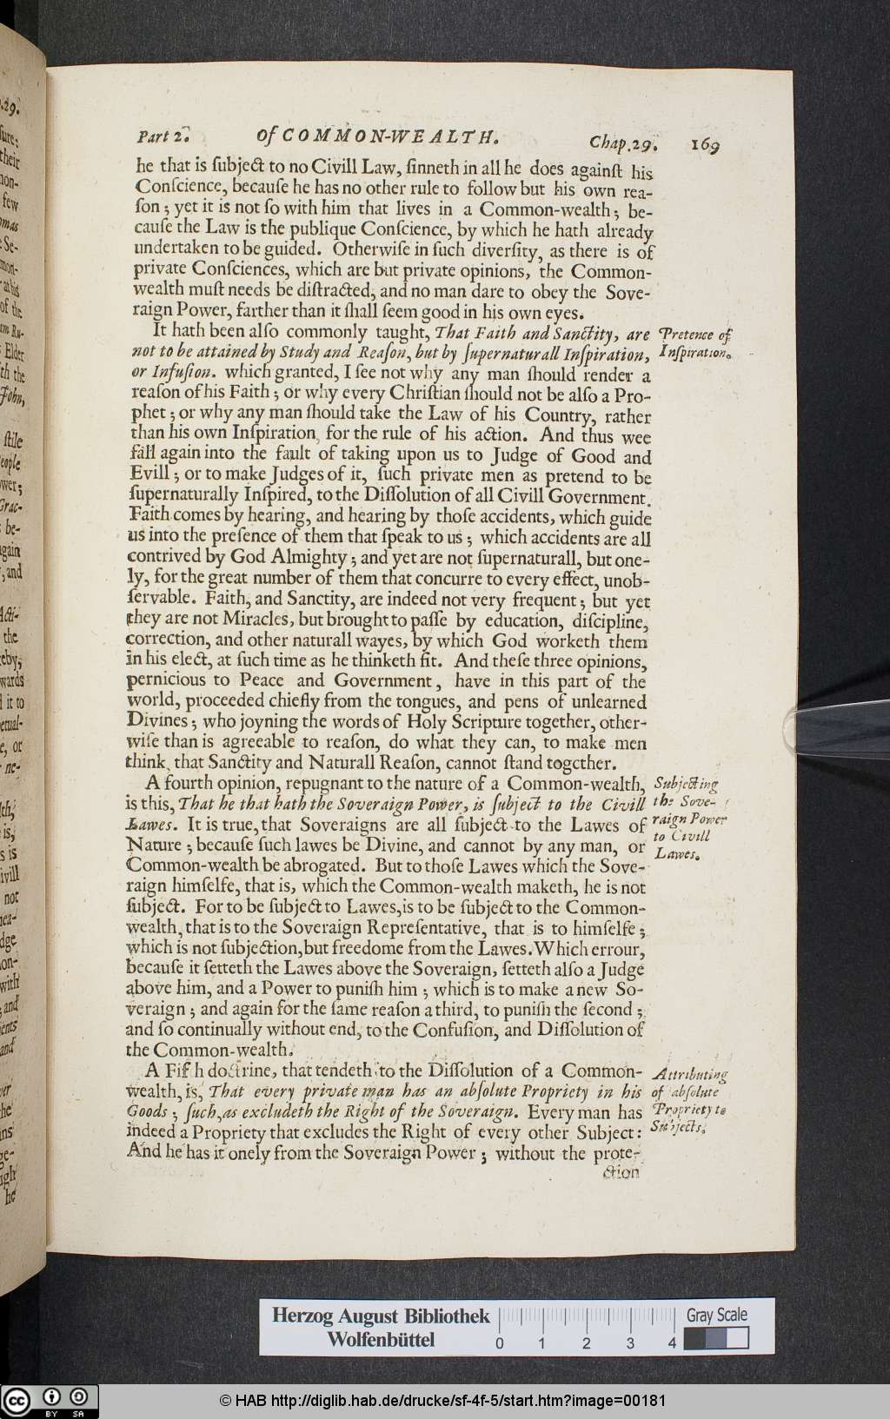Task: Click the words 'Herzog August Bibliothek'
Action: (x=381, y=1316)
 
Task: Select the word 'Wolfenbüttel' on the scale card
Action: (x=381, y=1339)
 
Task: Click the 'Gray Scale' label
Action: (x=716, y=1315)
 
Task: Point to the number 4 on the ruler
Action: (x=673, y=1343)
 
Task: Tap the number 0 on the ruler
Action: (x=500, y=1343)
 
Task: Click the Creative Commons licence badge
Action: (x=50, y=1401)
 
